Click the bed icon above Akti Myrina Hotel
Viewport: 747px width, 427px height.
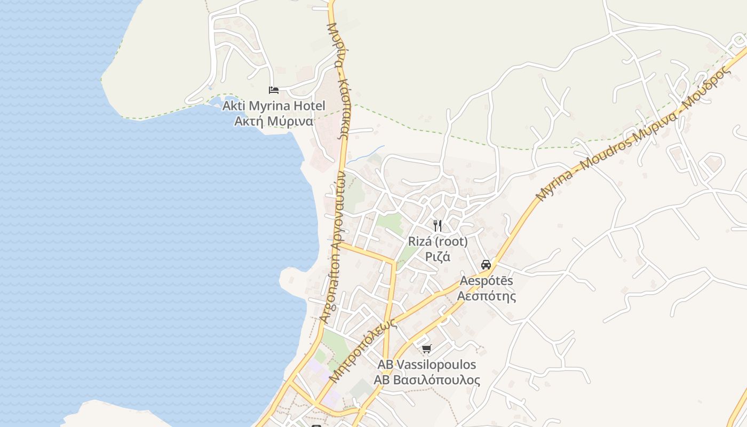click(274, 90)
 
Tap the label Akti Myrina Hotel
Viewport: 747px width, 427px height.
click(273, 106)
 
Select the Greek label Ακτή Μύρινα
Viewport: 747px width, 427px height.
click(273, 121)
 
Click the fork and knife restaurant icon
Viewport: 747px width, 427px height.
click(438, 225)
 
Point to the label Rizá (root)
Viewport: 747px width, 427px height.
click(438, 241)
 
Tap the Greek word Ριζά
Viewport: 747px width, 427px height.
click(438, 257)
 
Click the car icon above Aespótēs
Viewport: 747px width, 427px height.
click(486, 264)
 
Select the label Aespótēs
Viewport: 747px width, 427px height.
click(486, 280)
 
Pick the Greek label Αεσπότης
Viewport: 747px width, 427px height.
click(487, 296)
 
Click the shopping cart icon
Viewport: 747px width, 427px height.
click(426, 349)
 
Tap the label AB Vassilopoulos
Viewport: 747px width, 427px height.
click(426, 365)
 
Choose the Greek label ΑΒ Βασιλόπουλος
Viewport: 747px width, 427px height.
click(426, 380)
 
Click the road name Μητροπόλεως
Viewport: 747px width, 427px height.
click(363, 350)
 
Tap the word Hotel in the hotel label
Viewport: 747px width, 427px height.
click(307, 106)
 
